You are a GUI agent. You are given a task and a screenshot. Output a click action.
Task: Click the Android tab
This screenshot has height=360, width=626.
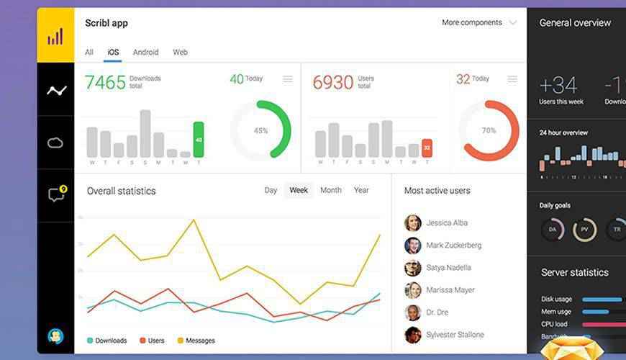pos(145,52)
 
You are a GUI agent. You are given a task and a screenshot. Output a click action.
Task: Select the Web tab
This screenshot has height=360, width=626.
pos(180,52)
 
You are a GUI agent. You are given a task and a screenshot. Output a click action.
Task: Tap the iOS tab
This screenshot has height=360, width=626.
pos(113,52)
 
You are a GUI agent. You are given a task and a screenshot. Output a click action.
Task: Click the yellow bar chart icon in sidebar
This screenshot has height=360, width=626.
pos(55,35)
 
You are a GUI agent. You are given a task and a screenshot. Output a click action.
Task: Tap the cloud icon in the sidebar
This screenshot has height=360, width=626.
pos(55,143)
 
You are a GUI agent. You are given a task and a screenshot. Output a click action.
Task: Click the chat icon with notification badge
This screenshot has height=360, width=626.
pos(56,194)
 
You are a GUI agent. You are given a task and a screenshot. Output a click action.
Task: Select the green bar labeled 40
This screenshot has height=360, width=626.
pos(199,140)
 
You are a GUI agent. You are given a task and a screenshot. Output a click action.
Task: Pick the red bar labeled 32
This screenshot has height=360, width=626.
pos(427,148)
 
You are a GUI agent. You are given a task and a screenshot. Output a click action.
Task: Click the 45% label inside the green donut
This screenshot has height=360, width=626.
pos(260,131)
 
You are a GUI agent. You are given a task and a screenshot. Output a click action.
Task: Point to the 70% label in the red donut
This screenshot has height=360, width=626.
pos(489,131)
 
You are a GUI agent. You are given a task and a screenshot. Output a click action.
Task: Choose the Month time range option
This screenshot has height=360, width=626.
pos(331,190)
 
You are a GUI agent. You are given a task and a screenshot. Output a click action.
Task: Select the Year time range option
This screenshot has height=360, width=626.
pos(361,190)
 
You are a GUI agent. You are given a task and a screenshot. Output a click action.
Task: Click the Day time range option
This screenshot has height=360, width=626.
pos(271,190)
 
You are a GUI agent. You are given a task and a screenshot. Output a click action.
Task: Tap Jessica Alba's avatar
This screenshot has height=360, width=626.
pos(412,222)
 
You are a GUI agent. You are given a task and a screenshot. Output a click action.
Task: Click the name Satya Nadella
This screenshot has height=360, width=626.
pos(448,268)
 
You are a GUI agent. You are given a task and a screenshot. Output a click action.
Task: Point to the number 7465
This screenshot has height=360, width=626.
pos(105,82)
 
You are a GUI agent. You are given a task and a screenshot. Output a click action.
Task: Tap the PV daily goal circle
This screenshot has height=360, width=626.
pos(585,230)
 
